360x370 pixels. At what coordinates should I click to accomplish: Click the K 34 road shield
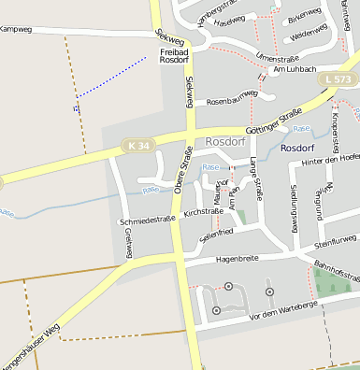coord(137,145)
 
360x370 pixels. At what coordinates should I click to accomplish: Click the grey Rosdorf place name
coord(224,142)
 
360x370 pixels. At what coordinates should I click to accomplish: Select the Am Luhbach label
coord(295,70)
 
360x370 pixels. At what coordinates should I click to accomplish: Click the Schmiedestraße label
coord(148,221)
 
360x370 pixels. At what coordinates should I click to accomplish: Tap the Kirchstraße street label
coord(205,214)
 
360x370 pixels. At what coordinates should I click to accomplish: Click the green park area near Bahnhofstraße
coord(332,282)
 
